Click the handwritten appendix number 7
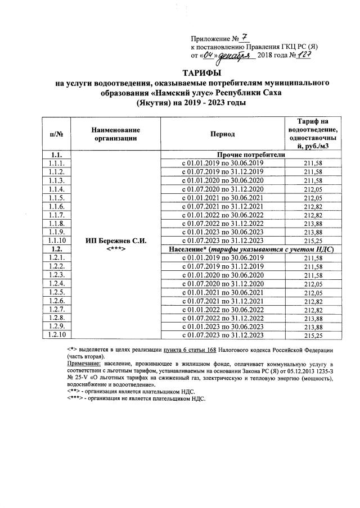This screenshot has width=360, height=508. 244,38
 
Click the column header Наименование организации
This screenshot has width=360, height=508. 116,134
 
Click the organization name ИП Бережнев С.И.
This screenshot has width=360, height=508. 116,241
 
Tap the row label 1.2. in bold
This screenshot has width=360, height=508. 56,249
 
